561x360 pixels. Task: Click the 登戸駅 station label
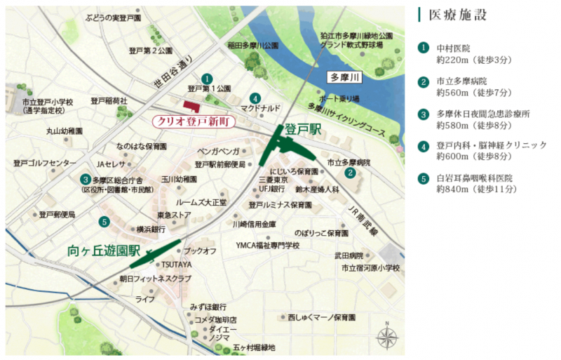pos(303,129)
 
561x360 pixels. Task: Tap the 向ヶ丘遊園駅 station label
pos(104,250)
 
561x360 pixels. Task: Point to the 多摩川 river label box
pos(346,77)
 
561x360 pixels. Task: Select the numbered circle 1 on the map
pos(206,78)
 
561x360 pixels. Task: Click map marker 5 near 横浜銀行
pos(104,222)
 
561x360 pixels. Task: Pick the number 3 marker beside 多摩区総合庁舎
pos(85,179)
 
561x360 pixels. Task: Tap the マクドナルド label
pos(260,109)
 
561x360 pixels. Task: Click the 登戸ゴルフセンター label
pos(45,163)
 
